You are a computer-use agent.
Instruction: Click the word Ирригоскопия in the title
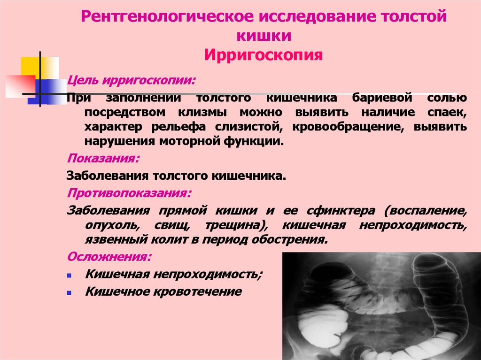[x=264, y=55]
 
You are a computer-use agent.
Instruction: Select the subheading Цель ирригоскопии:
[x=132, y=80]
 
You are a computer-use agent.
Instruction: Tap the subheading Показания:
[x=103, y=158]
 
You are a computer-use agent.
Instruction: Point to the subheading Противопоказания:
[x=129, y=193]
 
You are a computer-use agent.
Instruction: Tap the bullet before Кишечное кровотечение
[x=69, y=292]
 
